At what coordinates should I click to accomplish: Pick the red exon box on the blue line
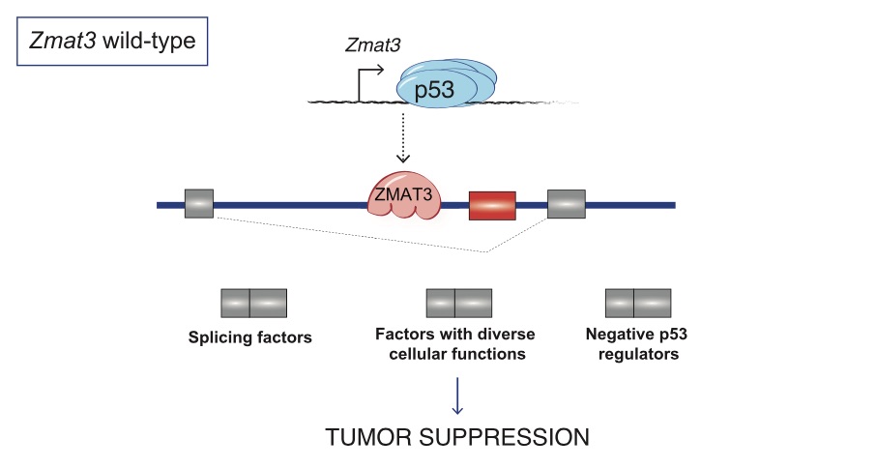[492, 205]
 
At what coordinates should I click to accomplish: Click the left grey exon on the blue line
[199, 204]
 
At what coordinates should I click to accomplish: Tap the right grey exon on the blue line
[567, 204]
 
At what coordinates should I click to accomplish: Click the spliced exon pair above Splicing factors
[253, 303]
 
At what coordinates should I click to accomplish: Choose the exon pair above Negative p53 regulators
[638, 303]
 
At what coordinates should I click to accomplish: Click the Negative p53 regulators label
[632, 345]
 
